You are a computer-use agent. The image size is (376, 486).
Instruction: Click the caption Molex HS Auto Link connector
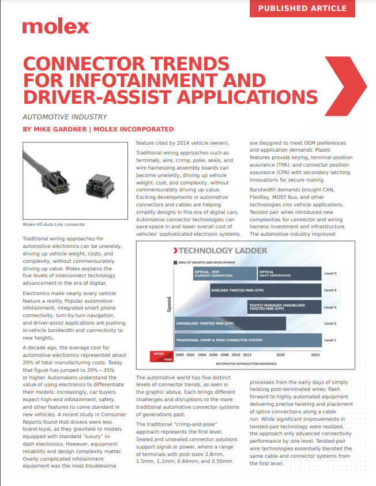[54, 224]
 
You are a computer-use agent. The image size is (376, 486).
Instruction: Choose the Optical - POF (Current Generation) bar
[225, 273]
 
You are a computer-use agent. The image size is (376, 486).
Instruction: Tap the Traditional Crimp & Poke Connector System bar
[247, 340]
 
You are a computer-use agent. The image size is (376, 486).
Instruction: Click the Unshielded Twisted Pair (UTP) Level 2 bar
[230, 323]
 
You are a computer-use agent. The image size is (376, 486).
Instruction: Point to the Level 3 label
[330, 307]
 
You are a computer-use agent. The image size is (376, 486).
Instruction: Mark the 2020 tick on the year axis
[280, 355]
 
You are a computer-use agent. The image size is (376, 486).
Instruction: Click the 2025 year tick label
[315, 355]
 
